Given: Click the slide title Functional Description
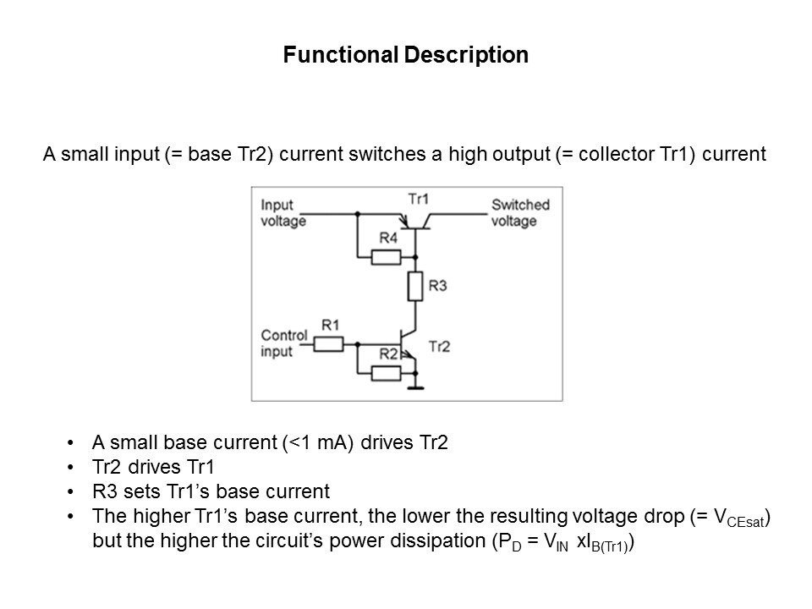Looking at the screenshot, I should point(405,55).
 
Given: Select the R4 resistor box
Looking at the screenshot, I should point(386,256).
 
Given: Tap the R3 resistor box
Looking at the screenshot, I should point(414,288).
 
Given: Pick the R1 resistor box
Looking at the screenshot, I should point(328,343).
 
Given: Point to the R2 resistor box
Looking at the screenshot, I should point(386,372).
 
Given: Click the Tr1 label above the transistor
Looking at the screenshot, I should point(418,199).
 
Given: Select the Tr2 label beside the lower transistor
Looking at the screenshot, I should point(441,346).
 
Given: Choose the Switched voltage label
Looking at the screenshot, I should point(520,213).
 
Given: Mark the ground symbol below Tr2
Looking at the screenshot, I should point(414,387).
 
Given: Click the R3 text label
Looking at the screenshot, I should point(438,288).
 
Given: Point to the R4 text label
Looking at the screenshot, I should point(387,239).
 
